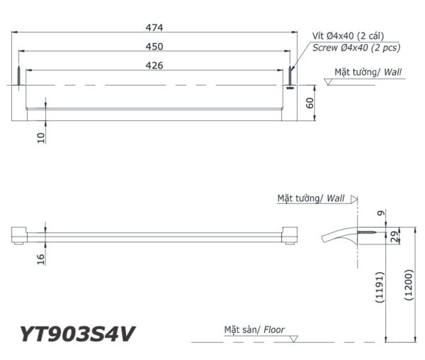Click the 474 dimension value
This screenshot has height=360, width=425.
154,28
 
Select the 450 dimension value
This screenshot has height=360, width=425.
154,46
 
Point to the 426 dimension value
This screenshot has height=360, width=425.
154,65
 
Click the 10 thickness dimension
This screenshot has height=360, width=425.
42,137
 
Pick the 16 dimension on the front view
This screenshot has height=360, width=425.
42,259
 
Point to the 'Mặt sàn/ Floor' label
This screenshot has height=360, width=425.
254,330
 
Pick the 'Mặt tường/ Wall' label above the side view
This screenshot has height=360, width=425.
311,199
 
